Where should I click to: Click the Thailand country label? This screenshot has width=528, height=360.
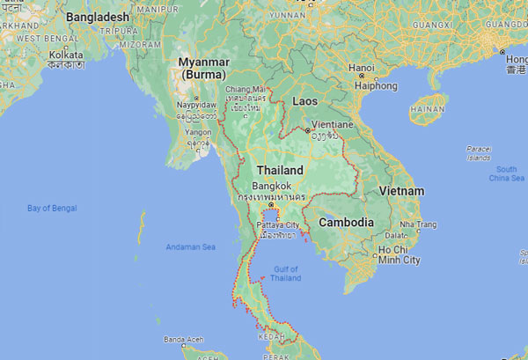[x=280, y=170]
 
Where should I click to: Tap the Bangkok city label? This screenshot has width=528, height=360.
[x=270, y=187]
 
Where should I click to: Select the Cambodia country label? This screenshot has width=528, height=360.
[x=346, y=223]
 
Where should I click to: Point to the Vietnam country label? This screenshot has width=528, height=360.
[x=401, y=191]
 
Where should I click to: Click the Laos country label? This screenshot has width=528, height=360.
[x=304, y=101]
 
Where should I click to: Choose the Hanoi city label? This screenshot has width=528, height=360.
[x=362, y=68]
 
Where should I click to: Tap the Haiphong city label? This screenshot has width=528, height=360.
[x=375, y=85]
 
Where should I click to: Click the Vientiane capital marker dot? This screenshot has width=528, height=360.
[x=307, y=130]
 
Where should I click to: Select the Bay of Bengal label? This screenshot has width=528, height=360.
[x=52, y=208]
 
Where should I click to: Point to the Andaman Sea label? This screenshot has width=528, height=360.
[x=191, y=247]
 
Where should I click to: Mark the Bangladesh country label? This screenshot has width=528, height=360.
[x=98, y=17]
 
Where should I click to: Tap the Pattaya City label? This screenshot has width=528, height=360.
[x=278, y=225]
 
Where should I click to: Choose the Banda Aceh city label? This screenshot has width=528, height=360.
[x=184, y=339]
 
